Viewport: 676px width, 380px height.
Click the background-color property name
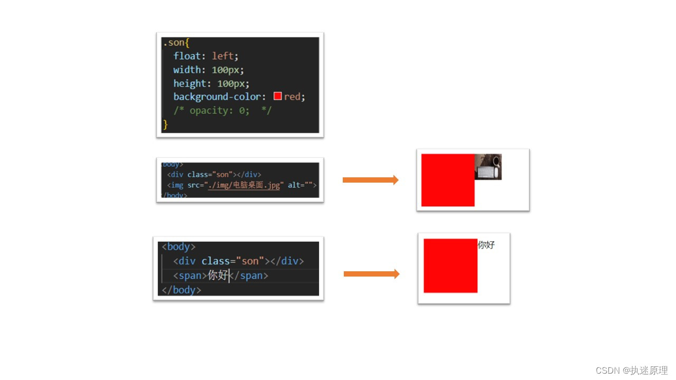217,97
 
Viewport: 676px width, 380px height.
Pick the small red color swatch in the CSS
278,97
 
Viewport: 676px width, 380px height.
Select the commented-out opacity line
222,111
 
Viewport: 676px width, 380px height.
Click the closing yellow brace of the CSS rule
165,125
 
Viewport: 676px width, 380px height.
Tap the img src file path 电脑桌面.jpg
244,185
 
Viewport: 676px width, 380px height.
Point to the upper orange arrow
370,180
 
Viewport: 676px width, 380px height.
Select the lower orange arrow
371,274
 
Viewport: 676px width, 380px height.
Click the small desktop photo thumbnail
488,167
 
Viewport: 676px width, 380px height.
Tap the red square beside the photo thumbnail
448,180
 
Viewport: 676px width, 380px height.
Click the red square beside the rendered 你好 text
450,265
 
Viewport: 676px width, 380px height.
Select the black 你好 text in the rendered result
486,245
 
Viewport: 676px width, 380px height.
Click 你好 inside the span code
218,275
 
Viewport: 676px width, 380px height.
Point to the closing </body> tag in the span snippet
181,290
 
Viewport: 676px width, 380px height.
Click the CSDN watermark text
632,370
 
